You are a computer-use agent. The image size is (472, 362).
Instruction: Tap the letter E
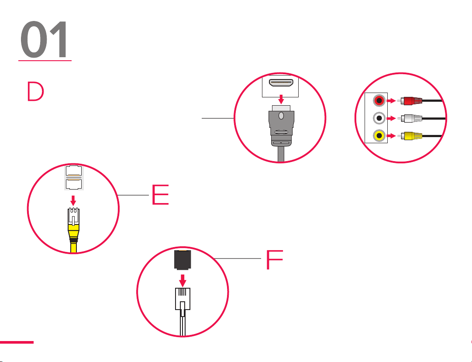[160, 195]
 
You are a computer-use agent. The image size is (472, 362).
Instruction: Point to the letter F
[275, 261]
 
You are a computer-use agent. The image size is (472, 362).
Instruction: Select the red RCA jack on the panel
[379, 101]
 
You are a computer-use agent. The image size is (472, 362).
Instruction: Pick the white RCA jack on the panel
[379, 118]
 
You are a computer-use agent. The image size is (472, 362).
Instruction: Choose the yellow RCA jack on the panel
[379, 136]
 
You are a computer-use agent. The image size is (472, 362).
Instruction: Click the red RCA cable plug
[412, 101]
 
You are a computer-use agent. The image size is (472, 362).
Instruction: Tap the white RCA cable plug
[412, 118]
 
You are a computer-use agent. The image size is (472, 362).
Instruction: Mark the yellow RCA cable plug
[412, 136]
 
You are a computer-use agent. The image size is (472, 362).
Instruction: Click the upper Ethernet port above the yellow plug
[73, 171]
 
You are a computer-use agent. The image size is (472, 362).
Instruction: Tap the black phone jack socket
[182, 262]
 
